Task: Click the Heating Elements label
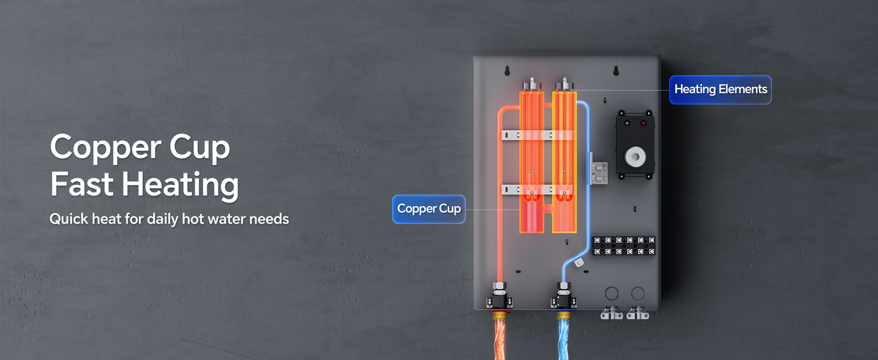click(720, 90)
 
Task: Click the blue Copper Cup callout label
click(428, 209)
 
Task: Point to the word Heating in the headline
click(181, 185)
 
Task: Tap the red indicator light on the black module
click(643, 124)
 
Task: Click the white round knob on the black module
click(635, 156)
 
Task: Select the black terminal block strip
click(623, 246)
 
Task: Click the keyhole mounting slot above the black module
click(616, 71)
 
